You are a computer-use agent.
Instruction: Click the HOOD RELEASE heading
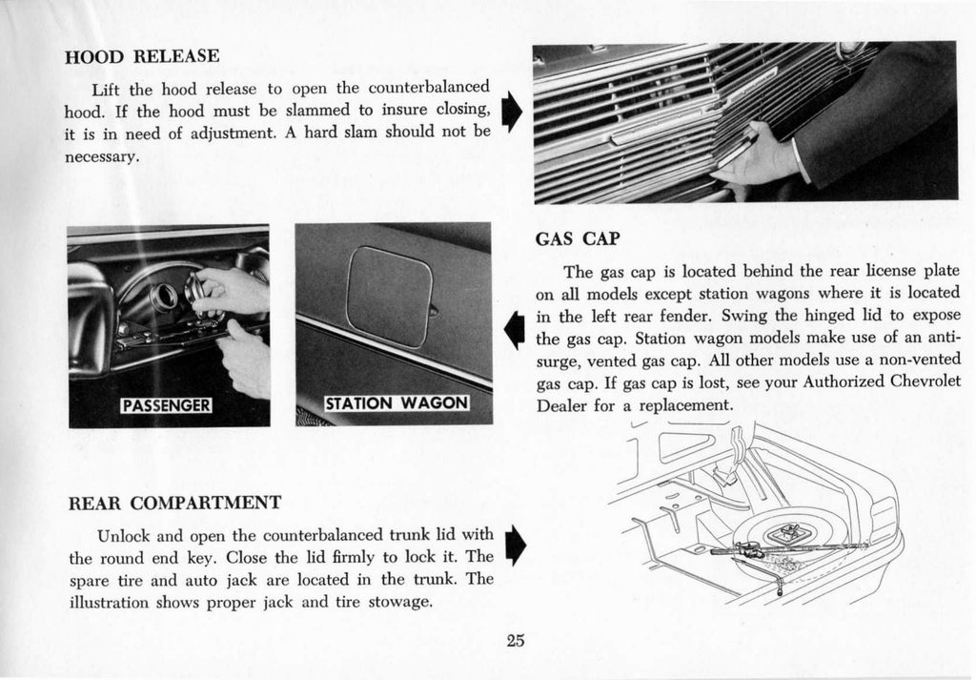141,56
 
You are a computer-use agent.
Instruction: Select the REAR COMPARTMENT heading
175,503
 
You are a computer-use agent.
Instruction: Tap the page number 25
516,640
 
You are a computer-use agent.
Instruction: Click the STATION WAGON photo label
397,403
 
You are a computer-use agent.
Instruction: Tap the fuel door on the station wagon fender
390,296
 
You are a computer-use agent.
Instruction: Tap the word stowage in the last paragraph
400,602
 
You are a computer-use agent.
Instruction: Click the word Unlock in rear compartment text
122,534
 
